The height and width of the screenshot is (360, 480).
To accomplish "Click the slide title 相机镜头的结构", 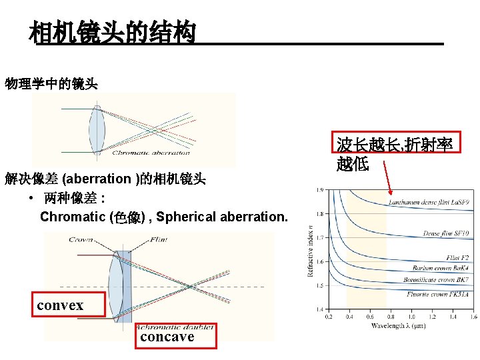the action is point(112,31).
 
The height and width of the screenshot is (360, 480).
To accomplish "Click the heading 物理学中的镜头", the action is point(51,84).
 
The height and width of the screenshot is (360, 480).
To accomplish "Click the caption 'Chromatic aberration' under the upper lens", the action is point(151,153).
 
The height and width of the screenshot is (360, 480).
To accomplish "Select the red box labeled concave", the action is point(167,337).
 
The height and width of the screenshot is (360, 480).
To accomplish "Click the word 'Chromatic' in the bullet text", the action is point(69,217).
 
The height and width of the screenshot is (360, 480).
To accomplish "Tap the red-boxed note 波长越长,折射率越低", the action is point(395,153).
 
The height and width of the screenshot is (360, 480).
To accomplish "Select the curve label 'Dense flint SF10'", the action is point(445,233).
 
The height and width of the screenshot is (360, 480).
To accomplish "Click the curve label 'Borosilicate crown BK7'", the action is point(436,280).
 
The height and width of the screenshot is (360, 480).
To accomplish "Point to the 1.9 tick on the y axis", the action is point(321,190).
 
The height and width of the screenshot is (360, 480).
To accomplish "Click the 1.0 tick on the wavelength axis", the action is point(411,317).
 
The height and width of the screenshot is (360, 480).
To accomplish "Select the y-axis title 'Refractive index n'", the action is point(311,250).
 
